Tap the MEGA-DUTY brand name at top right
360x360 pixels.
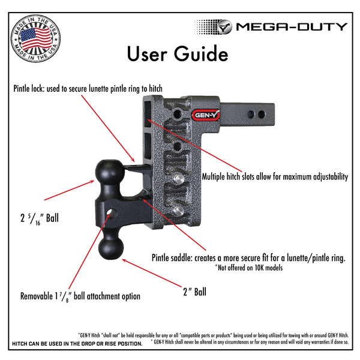coord(291,26)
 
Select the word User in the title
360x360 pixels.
coord(146,54)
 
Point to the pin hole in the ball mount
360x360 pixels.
coord(112,214)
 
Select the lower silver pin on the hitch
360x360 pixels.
coord(179,209)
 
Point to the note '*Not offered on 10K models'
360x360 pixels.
coord(248,268)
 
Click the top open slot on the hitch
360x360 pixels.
coord(150,114)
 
